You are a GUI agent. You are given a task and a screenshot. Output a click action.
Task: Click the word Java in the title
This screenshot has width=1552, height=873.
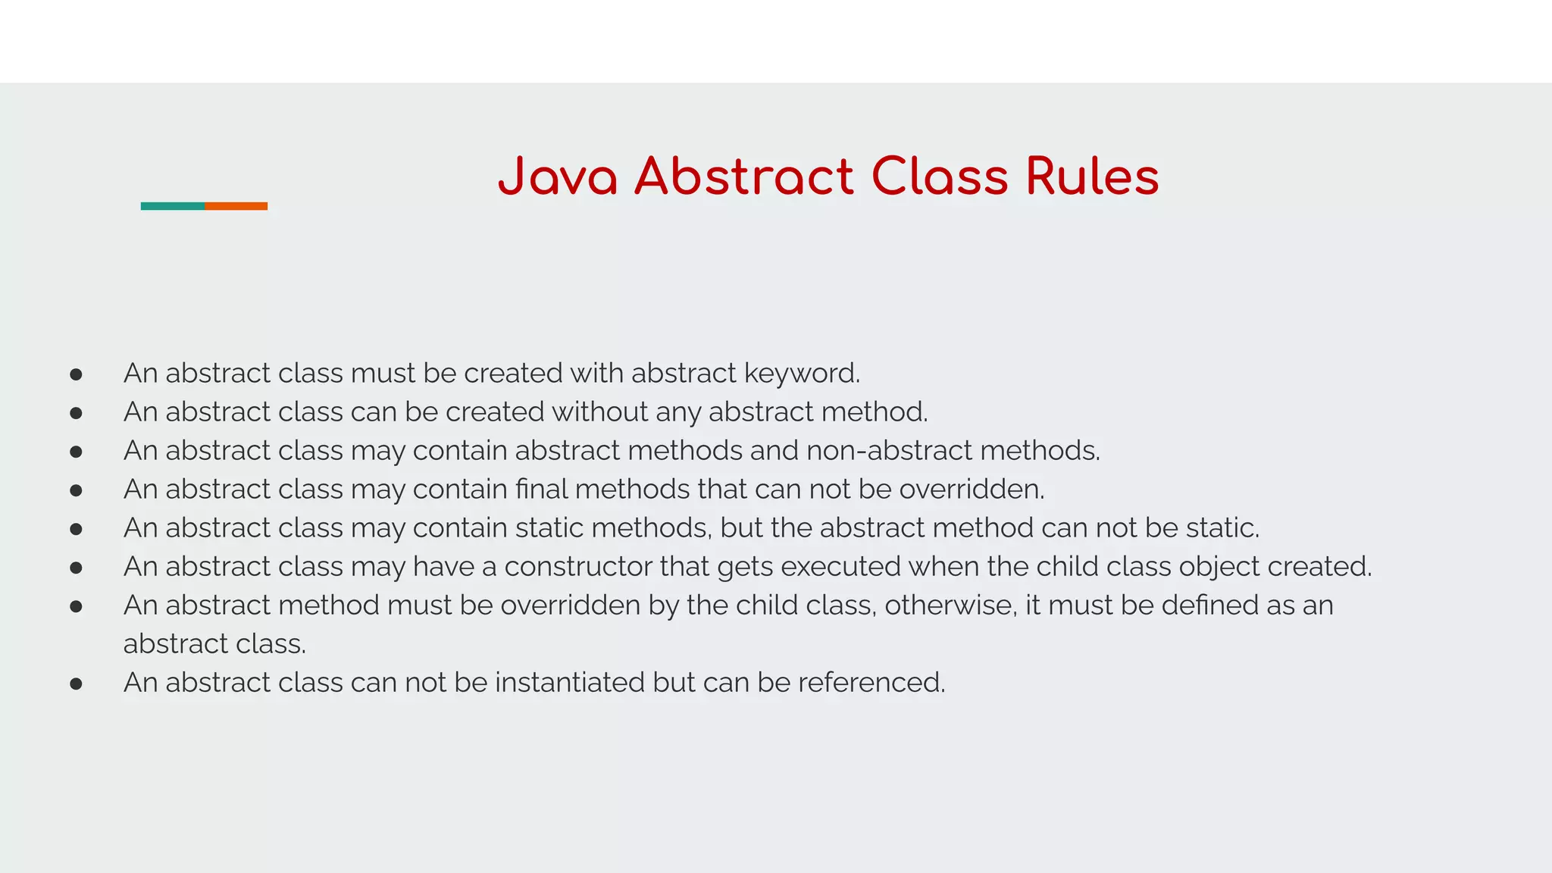pos(557,177)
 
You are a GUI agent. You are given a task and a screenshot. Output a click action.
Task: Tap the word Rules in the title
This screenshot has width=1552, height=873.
pos(1092,177)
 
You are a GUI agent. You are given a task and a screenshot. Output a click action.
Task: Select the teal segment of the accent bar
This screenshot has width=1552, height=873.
pos(173,206)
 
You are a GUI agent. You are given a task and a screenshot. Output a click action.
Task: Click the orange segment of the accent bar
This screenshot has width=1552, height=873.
pos(236,206)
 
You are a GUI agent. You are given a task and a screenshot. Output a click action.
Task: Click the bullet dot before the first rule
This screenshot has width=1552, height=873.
pos(76,374)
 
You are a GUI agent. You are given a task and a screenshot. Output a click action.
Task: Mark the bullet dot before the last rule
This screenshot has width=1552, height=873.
pos(76,684)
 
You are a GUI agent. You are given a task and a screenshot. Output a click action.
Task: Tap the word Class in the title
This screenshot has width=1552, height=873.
pos(940,177)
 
